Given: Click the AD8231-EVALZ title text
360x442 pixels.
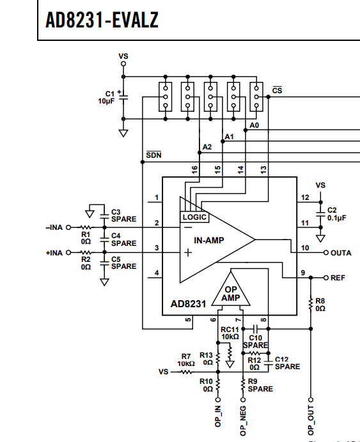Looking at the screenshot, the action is coord(102,20).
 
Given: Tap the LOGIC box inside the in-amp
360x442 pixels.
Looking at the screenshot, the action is coord(194,217).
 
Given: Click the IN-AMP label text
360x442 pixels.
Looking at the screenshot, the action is coord(209,240).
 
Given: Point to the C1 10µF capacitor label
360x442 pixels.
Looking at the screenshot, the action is coord(106,97).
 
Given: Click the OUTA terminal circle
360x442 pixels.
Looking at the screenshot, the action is coord(326,252).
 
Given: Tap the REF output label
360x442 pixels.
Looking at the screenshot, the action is coord(338,278).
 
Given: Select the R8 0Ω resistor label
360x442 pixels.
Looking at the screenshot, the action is coord(320,305).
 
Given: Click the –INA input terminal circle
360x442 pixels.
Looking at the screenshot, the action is coord(68,227).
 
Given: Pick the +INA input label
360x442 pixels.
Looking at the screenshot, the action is coord(54,253).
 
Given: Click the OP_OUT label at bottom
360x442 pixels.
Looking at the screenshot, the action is coord(310,420).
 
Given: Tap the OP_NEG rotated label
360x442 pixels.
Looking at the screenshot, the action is coord(242,421).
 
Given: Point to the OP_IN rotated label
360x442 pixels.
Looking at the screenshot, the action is coord(218,416).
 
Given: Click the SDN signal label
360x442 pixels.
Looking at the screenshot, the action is coord(153,155).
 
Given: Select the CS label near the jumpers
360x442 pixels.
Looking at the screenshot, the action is coord(277,90).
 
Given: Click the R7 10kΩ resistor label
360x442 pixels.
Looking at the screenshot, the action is coord(186,360).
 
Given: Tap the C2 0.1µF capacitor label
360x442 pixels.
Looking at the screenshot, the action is coord(336,214).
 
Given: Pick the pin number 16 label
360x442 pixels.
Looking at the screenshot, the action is coord(194,170).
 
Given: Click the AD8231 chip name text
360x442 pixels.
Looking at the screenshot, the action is coord(188,304).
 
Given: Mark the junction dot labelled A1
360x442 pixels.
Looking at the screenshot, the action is coord(223,141).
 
